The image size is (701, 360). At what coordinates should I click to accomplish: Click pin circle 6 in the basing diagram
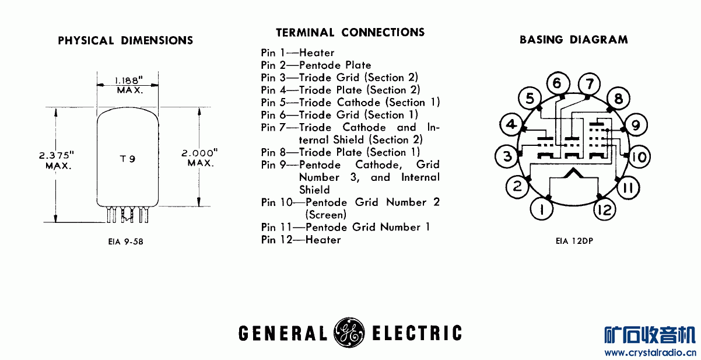click(557, 83)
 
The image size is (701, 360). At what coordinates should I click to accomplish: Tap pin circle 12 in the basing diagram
click(605, 209)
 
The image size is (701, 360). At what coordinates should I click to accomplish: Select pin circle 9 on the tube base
click(635, 124)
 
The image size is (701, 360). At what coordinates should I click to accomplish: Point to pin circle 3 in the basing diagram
click(506, 156)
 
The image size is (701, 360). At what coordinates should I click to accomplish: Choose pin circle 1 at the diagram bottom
click(542, 209)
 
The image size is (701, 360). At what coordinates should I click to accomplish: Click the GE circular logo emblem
click(348, 333)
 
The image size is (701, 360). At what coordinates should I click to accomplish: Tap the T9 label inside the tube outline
click(128, 159)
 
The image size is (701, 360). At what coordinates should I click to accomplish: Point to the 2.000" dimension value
click(199, 152)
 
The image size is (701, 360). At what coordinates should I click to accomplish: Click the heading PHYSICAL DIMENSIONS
click(125, 41)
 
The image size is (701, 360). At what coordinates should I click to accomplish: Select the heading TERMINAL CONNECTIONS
click(350, 33)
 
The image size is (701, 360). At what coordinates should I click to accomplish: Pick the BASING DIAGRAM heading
click(573, 40)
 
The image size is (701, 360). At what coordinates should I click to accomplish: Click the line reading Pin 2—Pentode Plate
click(316, 65)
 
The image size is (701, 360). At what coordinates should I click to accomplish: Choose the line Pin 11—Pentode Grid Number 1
click(345, 227)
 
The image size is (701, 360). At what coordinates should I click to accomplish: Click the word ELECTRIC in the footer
click(416, 334)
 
